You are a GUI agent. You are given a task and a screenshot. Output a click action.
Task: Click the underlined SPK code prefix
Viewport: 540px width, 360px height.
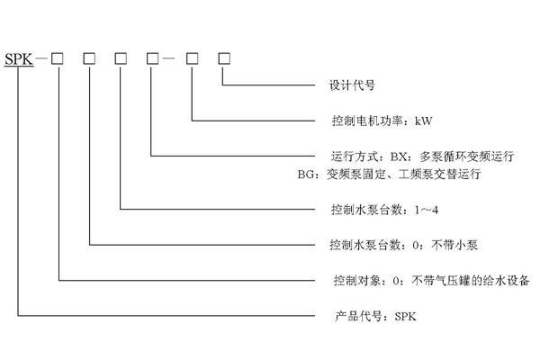18,59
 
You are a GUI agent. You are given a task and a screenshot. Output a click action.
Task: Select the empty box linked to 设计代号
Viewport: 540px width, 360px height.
223,59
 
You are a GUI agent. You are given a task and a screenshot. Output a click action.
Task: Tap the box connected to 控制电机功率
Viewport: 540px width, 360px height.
192,59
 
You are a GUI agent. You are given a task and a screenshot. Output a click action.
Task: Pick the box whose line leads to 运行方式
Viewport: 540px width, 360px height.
152,59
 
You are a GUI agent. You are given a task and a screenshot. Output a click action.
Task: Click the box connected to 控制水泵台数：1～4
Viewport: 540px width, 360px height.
120,59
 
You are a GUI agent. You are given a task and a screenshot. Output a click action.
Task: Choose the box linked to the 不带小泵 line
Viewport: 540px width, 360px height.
89,59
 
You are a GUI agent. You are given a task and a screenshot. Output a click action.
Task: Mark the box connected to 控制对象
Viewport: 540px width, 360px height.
58,59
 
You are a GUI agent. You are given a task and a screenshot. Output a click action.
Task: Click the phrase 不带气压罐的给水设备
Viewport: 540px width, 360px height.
468,280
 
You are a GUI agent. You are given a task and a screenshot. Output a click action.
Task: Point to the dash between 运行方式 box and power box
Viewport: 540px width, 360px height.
172,59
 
